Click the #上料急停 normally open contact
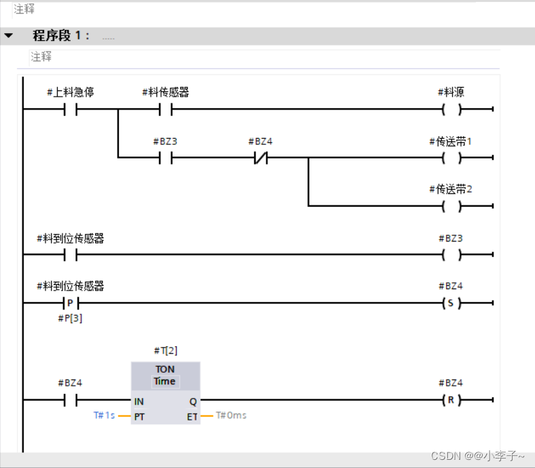(x=70, y=110)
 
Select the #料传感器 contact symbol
(x=165, y=110)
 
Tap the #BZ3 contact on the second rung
(x=165, y=158)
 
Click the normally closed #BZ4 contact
(x=260, y=158)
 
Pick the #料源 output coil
(x=451, y=110)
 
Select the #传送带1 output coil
(x=451, y=158)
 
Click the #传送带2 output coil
(x=451, y=205)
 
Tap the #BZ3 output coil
(x=451, y=255)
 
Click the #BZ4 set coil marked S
(x=451, y=303)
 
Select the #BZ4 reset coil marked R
(x=451, y=400)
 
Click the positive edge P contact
(x=70, y=303)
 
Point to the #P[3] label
(x=70, y=318)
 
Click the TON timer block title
(x=165, y=369)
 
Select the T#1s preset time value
(x=104, y=415)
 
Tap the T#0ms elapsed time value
(x=231, y=415)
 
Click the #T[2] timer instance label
(x=165, y=350)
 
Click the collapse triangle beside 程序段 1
(x=9, y=35)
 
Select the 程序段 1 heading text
(x=61, y=35)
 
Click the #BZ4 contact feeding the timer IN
(x=70, y=400)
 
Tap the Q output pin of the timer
(x=192, y=401)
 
